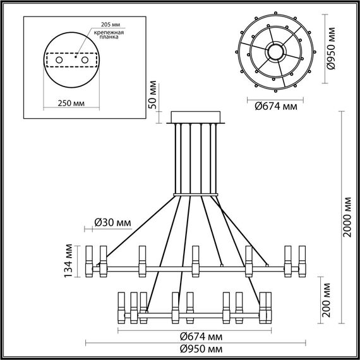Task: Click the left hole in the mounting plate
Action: [60, 59]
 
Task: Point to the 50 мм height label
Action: [152, 95]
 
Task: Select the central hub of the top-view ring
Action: [275, 51]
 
